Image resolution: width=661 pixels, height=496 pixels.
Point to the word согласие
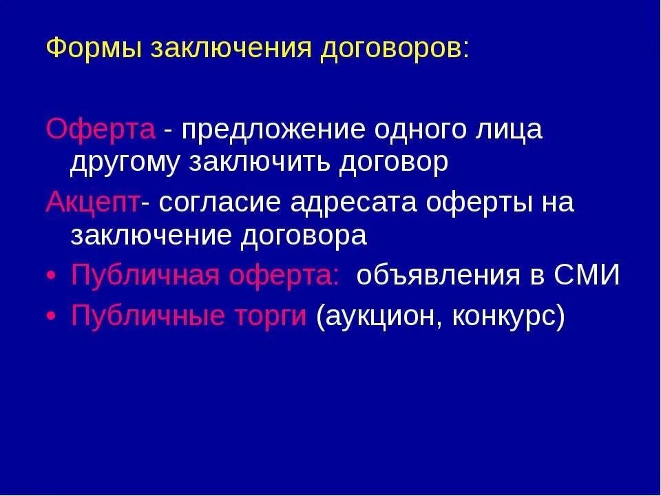click(x=221, y=203)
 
